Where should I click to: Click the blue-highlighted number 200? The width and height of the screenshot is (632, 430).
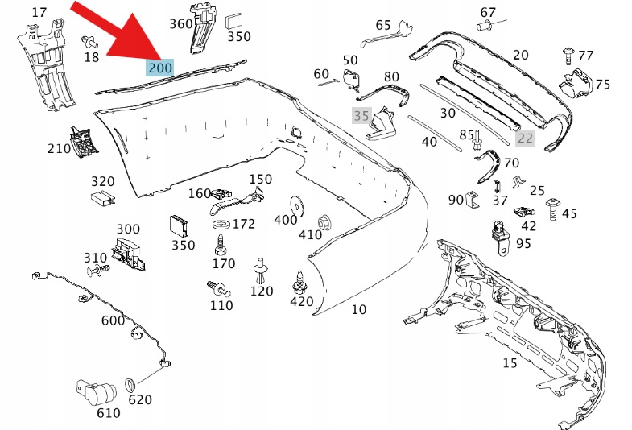(160, 68)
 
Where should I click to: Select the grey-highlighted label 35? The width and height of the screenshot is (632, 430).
(361, 116)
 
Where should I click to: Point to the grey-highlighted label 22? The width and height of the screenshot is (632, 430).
(525, 138)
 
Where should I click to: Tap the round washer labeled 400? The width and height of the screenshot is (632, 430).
(297, 205)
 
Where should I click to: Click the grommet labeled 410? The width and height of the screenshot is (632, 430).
(325, 221)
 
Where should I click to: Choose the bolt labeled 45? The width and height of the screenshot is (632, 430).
(552, 207)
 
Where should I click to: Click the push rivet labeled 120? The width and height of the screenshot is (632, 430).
(261, 267)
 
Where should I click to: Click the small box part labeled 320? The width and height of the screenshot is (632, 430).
(103, 200)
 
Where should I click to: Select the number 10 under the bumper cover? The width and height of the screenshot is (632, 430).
(358, 309)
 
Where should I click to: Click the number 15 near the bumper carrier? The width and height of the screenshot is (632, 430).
(510, 363)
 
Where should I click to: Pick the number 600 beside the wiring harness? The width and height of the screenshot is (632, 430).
(113, 320)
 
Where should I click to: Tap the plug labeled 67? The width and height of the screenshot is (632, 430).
(484, 27)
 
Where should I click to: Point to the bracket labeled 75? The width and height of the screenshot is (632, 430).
(578, 84)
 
